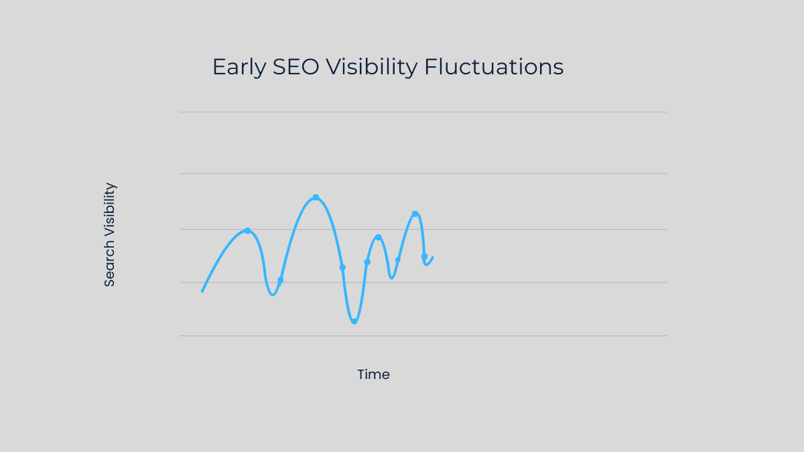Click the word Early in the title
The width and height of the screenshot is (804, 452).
[x=239, y=68]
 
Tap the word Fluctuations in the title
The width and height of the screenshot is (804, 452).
[x=494, y=67]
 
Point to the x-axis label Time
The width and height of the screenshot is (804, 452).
[x=373, y=375]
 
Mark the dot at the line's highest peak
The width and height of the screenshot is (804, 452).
[x=316, y=198]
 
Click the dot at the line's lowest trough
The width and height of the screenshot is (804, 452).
[x=354, y=321]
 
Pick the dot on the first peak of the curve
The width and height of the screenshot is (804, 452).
[x=247, y=230]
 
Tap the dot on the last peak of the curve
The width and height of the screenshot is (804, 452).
[x=415, y=214]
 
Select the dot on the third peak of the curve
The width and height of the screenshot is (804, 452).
[x=378, y=237]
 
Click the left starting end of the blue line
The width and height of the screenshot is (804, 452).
[x=202, y=291]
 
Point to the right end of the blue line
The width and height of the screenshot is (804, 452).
[x=433, y=257]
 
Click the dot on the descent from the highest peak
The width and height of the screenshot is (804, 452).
[x=342, y=267]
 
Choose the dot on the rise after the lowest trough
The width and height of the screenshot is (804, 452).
[x=367, y=262]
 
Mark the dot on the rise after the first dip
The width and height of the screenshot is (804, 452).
[x=280, y=280]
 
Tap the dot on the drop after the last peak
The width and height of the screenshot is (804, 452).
[x=424, y=256]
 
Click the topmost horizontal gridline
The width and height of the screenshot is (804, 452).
[x=423, y=112]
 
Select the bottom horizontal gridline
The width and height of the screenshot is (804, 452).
[x=423, y=335]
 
